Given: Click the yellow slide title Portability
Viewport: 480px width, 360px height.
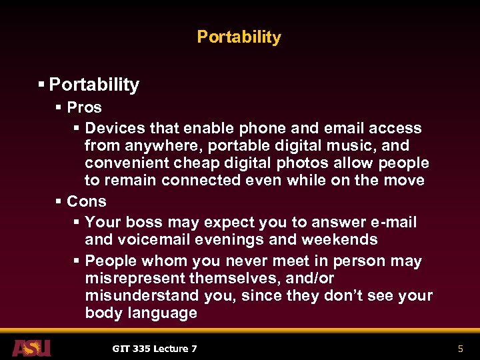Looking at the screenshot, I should click(x=239, y=37).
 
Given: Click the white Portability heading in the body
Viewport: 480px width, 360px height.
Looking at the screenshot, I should click(x=94, y=85).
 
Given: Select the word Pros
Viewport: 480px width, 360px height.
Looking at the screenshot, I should click(x=85, y=107).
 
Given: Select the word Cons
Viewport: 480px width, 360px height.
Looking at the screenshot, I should click(x=87, y=201).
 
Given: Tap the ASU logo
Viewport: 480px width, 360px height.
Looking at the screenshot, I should click(x=31, y=347).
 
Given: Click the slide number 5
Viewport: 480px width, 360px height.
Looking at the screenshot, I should click(x=460, y=348).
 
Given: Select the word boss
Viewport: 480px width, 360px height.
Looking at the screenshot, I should click(x=143, y=222).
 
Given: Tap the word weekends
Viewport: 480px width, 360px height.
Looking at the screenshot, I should click(x=341, y=239).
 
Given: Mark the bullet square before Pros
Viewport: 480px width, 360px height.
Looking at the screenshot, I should click(x=59, y=107).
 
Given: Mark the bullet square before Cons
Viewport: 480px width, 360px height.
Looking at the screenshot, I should click(x=59, y=201).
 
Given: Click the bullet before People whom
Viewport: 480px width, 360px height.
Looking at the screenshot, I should click(x=77, y=261).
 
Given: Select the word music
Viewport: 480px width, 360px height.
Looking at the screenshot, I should click(x=375, y=145).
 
